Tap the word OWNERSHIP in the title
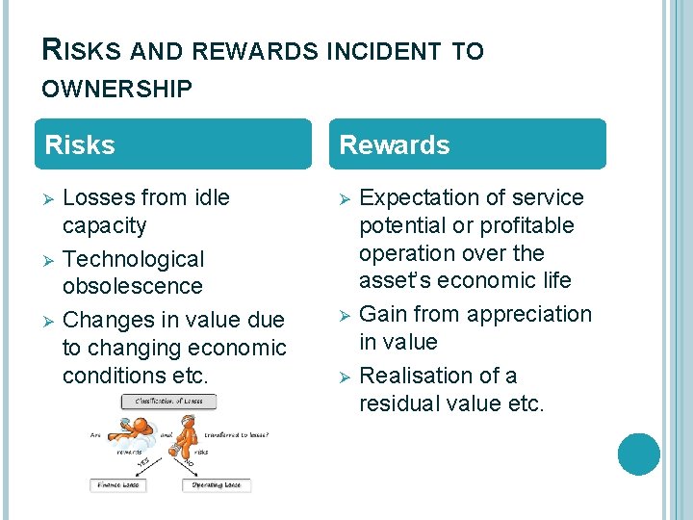point(116,90)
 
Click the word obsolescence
point(133,287)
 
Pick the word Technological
point(134,259)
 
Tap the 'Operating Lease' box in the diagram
point(217,485)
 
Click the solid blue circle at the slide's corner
point(639,454)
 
